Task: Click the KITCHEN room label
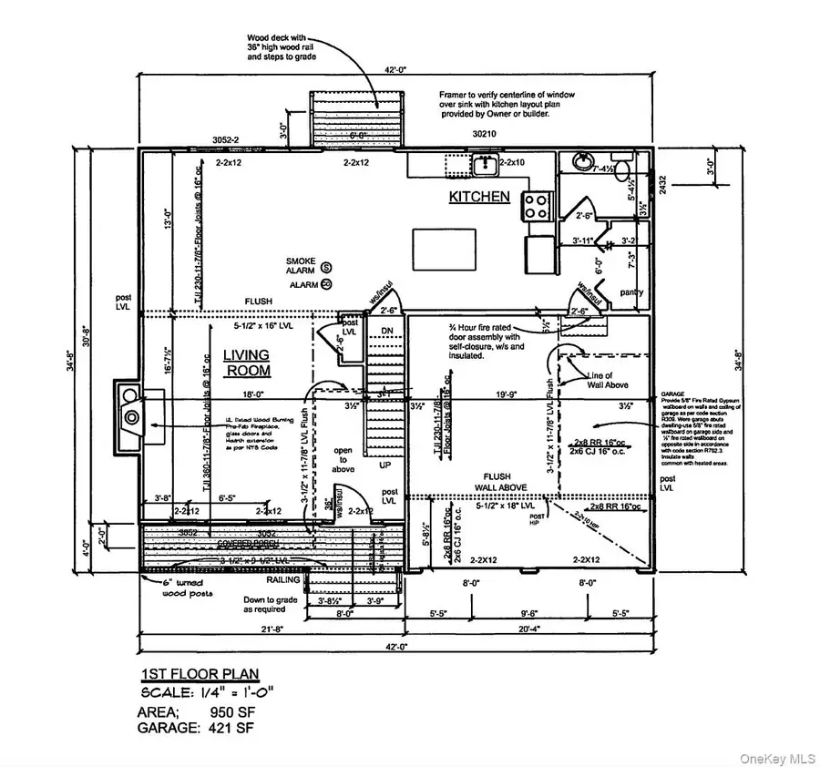pos(478,196)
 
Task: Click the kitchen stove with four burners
pos(534,206)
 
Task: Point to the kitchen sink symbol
pos(485,166)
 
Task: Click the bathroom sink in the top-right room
pos(581,162)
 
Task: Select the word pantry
pos(630,292)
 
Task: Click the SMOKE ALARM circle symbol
pos(327,267)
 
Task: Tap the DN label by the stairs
pos(385,331)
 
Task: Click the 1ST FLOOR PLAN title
pos(199,674)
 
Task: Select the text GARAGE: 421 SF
pos(195,727)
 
